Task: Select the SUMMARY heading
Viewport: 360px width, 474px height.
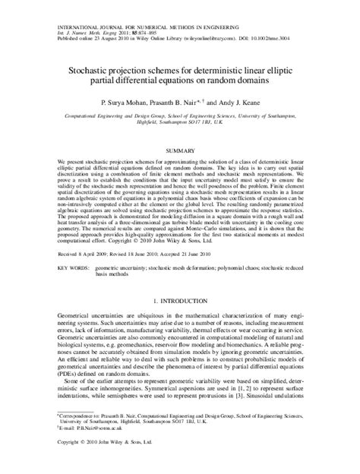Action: point(180,152)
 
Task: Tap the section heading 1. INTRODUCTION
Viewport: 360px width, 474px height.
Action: point(180,302)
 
